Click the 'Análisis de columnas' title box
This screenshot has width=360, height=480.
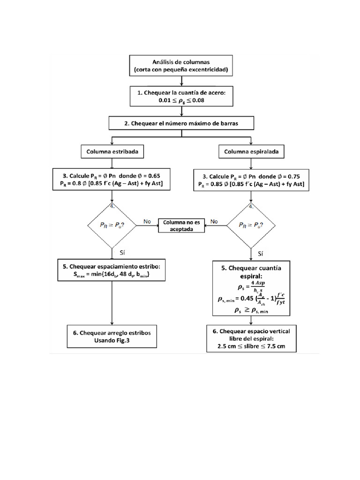[181, 66]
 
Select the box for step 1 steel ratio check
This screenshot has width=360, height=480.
[181, 97]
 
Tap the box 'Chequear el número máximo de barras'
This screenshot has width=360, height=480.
[181, 123]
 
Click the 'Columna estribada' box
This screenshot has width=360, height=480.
[112, 152]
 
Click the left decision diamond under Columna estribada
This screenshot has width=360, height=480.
[112, 225]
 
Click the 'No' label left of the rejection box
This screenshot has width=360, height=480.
[147, 221]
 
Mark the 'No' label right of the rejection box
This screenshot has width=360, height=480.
[214, 221]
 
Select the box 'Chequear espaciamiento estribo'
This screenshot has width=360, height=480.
[112, 271]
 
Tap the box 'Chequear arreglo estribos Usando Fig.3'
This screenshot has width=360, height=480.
[112, 337]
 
